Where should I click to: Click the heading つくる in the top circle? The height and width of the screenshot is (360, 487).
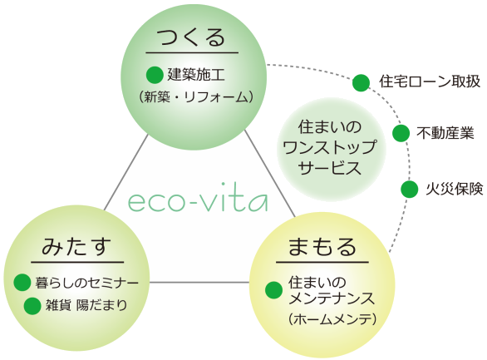coord(191,37)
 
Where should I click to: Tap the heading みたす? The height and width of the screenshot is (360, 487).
coord(76,246)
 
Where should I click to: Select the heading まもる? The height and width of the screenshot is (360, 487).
coord(322,247)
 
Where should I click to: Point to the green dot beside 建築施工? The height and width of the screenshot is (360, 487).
coord(155,75)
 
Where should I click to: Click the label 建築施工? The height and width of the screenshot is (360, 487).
coord(196,75)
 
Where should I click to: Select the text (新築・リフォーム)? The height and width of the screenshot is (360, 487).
coord(195,97)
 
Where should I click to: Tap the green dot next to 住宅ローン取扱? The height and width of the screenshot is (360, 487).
coord(362,83)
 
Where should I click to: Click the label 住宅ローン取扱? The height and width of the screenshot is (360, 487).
coord(430,81)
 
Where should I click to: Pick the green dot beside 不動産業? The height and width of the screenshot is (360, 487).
coord(401,133)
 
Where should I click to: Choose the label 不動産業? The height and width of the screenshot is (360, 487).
coord(445,133)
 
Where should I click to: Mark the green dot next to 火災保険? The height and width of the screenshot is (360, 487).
coord(410,190)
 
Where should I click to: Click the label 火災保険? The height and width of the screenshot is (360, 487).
coord(455,189)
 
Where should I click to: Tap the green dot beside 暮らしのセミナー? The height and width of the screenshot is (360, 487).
coord(22,283)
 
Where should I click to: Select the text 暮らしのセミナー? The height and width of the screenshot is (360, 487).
coord(86,283)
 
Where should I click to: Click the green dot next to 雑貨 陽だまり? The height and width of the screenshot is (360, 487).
coord(32,306)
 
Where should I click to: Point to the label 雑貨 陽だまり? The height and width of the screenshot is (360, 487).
coord(86,305)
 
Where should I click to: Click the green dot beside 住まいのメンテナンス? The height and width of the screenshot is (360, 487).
coord(274,290)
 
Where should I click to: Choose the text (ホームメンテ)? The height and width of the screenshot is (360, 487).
coord(332,319)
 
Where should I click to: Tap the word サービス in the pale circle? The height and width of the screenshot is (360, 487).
coord(330,168)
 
